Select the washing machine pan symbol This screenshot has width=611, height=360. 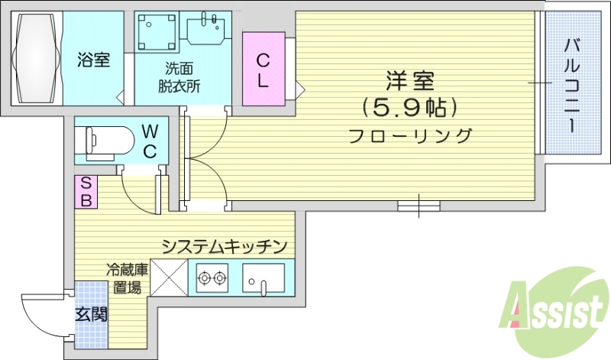click(157, 32)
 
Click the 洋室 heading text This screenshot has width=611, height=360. click(410, 79)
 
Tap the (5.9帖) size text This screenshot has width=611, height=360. click(410, 107)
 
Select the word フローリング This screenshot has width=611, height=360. click(410, 137)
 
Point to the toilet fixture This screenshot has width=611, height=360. click(107, 140)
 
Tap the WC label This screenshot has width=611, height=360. click(150, 140)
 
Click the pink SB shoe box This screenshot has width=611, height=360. click(86, 191)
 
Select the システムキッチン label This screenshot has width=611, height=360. click(223, 246)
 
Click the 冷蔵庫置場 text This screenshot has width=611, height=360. click(124, 278)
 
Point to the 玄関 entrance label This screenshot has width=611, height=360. click(90, 313)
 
